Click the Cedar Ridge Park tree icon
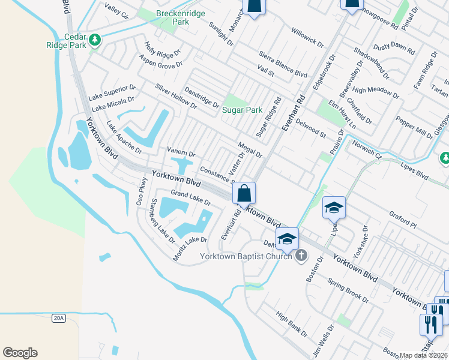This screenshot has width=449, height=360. click(x=95, y=40)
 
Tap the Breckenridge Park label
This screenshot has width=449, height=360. click(x=172, y=17)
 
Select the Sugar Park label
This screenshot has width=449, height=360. click(x=243, y=110)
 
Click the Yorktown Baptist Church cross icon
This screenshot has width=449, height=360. click(x=301, y=257)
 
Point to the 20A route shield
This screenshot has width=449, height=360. click(x=58, y=318)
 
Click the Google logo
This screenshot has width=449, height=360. click(x=20, y=353)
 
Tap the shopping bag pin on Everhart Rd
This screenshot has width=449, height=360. click(x=244, y=194)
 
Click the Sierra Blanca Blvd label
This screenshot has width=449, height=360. click(x=283, y=65)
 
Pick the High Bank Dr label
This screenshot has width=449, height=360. click(x=292, y=323)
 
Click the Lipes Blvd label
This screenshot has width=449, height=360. click(x=414, y=176)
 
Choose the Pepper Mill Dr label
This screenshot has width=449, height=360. click(x=410, y=126)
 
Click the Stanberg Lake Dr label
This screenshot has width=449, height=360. click(x=162, y=221)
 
